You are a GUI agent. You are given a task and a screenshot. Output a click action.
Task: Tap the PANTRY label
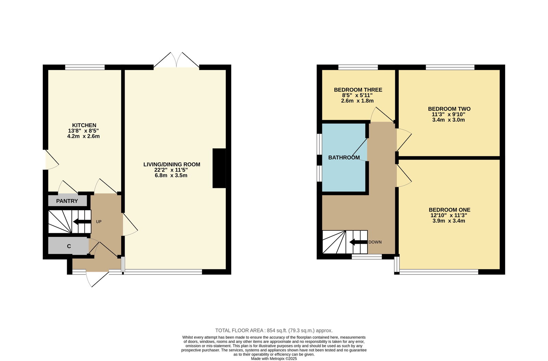click(x=67, y=201)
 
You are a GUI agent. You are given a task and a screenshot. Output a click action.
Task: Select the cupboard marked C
click(x=68, y=246)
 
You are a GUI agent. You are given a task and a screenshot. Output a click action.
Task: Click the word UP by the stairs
click(x=99, y=222)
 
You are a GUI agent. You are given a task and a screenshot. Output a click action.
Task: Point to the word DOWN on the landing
click(x=375, y=242)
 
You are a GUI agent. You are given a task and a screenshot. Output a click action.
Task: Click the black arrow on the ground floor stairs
click(x=82, y=222)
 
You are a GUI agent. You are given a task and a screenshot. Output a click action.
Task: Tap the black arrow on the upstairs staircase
click(x=358, y=242)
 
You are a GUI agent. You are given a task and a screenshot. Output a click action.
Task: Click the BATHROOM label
click(x=344, y=158)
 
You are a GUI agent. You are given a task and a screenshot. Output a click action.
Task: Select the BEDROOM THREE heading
click(x=358, y=90)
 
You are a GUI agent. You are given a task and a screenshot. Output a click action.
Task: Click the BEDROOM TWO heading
click(x=449, y=109)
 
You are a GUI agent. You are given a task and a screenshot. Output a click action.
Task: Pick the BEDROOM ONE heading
click(x=450, y=210)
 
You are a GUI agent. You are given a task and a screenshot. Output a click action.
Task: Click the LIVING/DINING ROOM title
click(x=172, y=164)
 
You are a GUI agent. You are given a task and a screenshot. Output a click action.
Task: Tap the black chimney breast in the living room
click(x=219, y=168)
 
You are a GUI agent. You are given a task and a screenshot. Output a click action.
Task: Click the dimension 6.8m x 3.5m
click(x=171, y=175)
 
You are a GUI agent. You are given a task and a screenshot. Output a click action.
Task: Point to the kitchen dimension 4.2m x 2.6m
click(x=84, y=136)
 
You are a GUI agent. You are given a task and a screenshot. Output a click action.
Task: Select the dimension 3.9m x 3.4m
click(x=449, y=221)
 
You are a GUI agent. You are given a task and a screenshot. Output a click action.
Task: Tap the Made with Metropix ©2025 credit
click(x=274, y=359)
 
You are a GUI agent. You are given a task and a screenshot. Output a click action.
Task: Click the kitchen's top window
click(x=85, y=67)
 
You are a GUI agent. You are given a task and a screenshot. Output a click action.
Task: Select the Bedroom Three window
click(x=358, y=67)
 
